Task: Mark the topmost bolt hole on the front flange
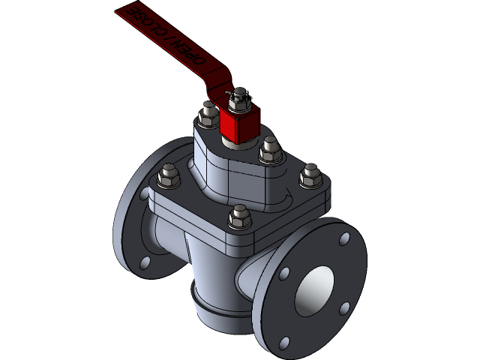point(344,239)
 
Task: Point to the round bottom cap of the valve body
point(217,307)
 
